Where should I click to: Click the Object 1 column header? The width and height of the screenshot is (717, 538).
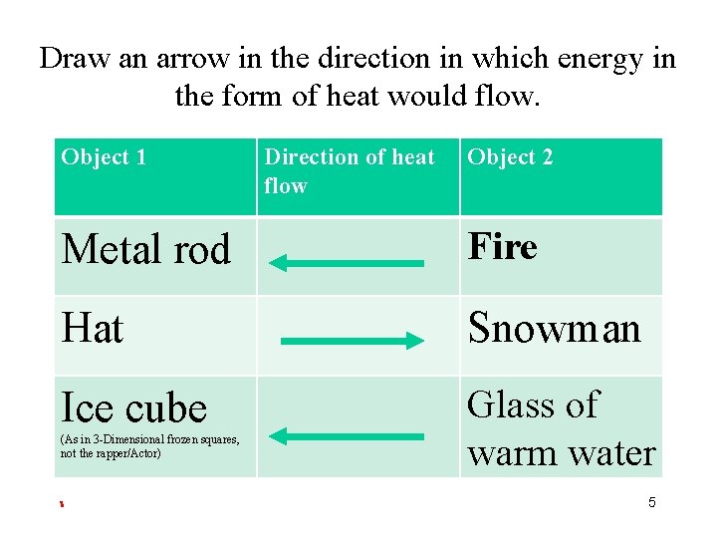104,157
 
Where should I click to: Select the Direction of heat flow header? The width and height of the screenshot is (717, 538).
350,171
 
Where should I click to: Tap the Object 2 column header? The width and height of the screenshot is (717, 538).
510,157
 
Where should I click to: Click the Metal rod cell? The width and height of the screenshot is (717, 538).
145,249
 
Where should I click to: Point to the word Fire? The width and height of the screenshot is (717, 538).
503,246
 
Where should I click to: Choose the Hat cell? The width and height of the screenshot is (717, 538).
93,328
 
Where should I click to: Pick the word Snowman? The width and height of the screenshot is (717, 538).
555,328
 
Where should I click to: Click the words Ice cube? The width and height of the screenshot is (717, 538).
134,407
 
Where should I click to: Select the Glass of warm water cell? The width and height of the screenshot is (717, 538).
561,428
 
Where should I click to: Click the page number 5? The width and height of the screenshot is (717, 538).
652,503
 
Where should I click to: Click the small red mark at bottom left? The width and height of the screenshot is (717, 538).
61,504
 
